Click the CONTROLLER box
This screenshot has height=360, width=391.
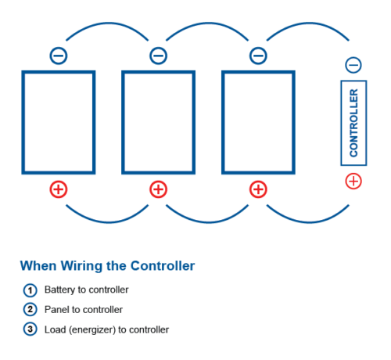pyautogui.click(x=353, y=123)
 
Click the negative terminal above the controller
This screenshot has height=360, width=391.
pyautogui.click(x=353, y=65)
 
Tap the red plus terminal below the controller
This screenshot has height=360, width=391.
pyautogui.click(x=353, y=181)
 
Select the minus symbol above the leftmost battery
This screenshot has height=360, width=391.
pyautogui.click(x=59, y=56)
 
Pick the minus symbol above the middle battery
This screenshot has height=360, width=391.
pyautogui.click(x=158, y=56)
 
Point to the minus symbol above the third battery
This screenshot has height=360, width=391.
pyautogui.click(x=258, y=56)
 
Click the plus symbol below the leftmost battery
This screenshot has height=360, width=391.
pyautogui.click(x=59, y=189)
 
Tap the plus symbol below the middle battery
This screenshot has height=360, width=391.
pyautogui.click(x=158, y=189)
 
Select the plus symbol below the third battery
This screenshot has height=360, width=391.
pyautogui.click(x=258, y=189)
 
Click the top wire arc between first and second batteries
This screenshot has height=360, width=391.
pyautogui.click(x=107, y=23)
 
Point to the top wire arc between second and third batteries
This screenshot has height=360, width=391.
pyautogui.click(x=207, y=23)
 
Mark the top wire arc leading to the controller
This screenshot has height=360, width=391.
pyautogui.click(x=307, y=23)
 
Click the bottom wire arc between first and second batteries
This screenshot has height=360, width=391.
pyautogui.click(x=107, y=222)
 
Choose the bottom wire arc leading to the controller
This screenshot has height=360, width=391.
pyautogui.click(x=307, y=222)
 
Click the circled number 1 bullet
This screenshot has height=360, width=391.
pyautogui.click(x=30, y=290)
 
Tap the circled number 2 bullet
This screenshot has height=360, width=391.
pyautogui.click(x=30, y=310)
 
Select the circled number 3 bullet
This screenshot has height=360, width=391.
pyautogui.click(x=30, y=329)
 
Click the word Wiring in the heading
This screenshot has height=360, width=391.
pyautogui.click(x=81, y=267)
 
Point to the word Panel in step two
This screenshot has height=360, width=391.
pyautogui.click(x=57, y=310)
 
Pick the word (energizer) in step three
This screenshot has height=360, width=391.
pyautogui.click(x=92, y=330)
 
